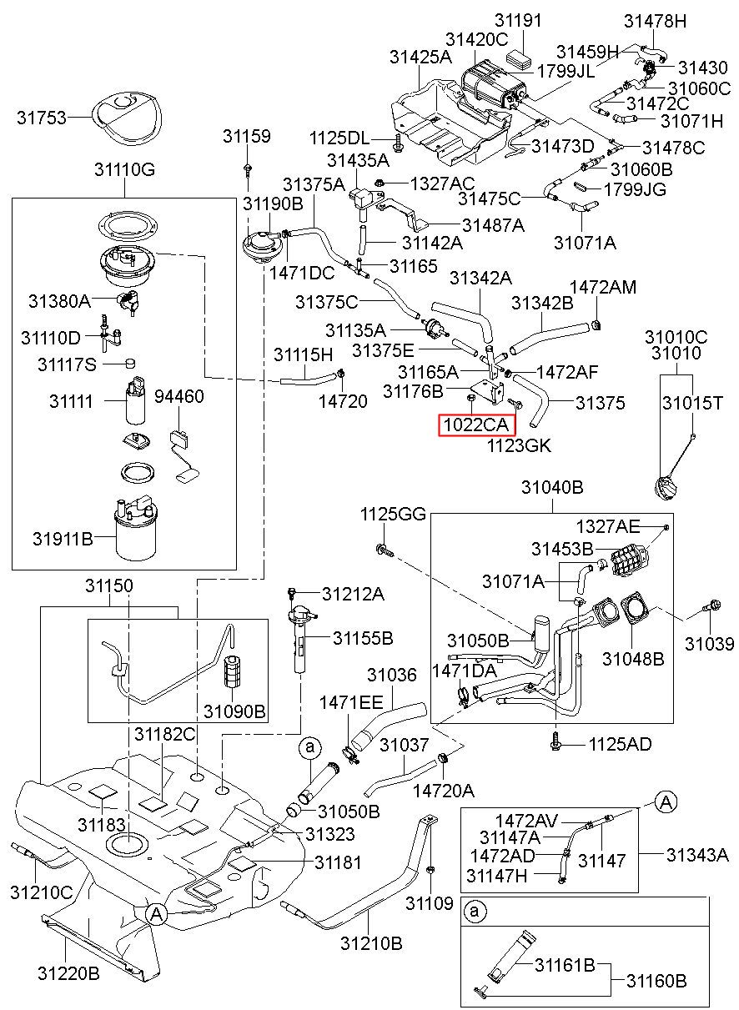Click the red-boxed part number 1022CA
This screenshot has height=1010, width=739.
tap(475, 425)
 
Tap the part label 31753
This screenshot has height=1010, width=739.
tap(42, 118)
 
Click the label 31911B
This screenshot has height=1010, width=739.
tap(63, 539)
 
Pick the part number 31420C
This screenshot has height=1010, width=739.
tap(476, 40)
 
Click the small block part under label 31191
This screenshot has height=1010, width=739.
tap(519, 58)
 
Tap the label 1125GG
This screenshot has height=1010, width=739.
tap(393, 514)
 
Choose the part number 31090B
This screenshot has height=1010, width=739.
tap(234, 711)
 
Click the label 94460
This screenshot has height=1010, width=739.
tap(179, 396)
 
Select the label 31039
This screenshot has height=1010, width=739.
tap(710, 644)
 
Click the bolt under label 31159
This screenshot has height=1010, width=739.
tap(248, 169)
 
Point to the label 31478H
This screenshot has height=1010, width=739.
tap(655, 21)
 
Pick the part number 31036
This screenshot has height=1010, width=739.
tap(392, 675)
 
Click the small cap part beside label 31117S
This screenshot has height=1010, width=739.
tap(130, 363)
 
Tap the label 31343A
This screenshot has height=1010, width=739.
tap(697, 854)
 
